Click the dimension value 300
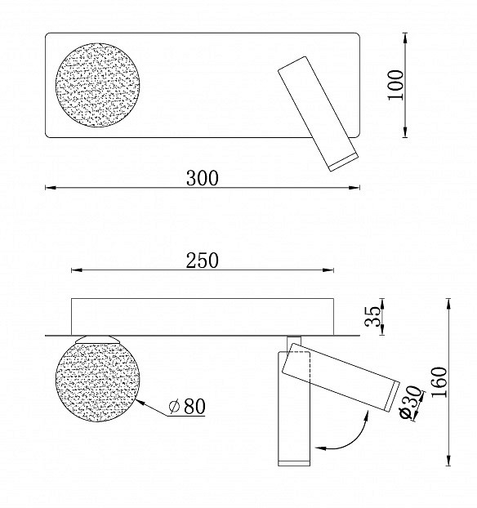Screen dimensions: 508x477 pyautogui.click(x=202, y=178)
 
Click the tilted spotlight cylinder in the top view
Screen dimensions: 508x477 pyautogui.click(x=315, y=111)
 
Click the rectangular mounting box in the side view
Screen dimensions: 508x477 pyautogui.click(x=202, y=316)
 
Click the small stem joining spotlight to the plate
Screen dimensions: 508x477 pyautogui.click(x=294, y=341)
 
